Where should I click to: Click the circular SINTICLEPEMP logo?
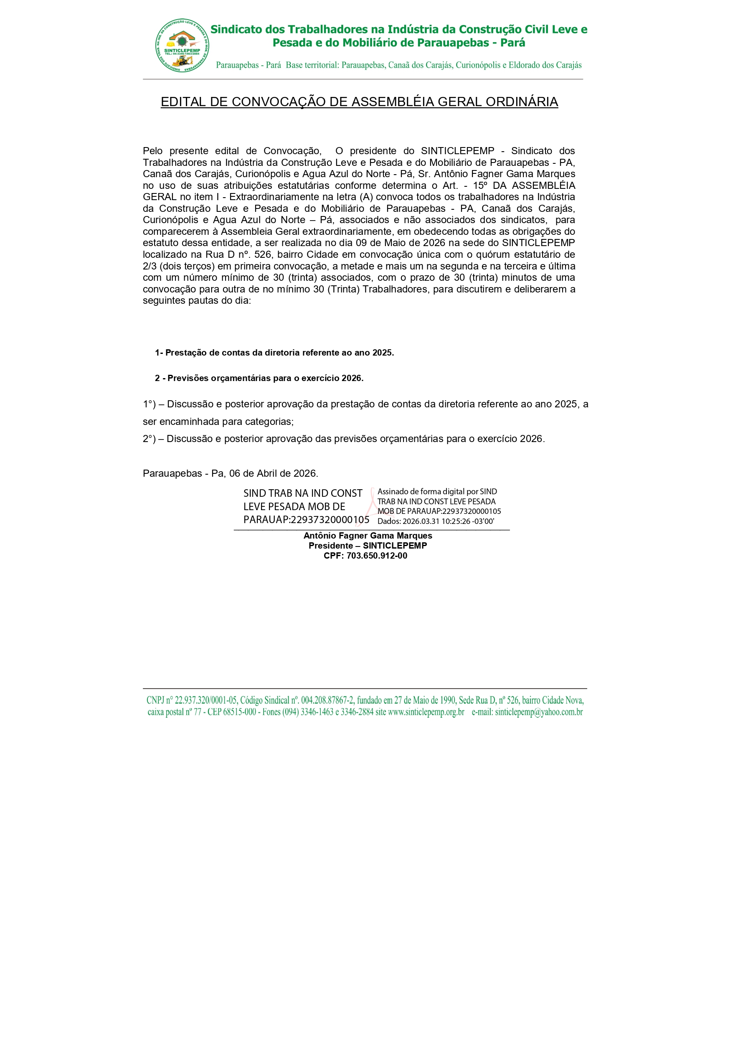tap(182, 45)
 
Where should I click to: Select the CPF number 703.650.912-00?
tap(377, 556)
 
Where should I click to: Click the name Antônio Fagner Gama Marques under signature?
tap(368, 536)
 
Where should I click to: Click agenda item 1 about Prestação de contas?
tap(274, 353)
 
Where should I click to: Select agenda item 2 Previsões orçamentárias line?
tap(259, 378)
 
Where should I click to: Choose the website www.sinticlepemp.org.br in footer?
tap(426, 712)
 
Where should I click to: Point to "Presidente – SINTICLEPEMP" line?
tap(368, 546)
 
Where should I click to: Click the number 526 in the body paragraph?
tap(263, 255)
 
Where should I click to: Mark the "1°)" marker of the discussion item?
tap(149, 404)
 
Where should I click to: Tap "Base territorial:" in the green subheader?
tap(312, 65)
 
